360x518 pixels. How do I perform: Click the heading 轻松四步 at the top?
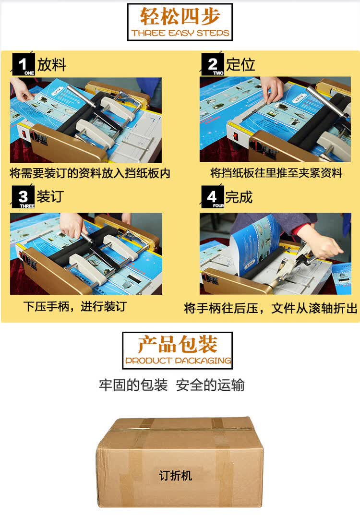(180, 16)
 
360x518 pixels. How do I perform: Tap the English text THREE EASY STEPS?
(180, 33)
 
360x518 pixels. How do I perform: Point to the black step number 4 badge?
(212, 198)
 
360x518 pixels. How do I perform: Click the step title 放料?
(52, 65)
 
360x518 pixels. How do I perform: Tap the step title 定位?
(241, 65)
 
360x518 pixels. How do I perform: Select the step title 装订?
(50, 196)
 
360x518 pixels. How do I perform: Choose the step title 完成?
(239, 197)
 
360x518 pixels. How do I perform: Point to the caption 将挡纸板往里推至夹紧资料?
(276, 173)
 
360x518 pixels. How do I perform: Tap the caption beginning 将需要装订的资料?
(90, 173)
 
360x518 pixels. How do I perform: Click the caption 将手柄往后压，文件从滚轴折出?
(271, 308)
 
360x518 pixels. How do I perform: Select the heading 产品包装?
(178, 345)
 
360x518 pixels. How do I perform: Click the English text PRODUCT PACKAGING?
(178, 361)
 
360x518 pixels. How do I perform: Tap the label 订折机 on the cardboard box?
(176, 475)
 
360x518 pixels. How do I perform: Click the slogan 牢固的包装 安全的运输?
(172, 385)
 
